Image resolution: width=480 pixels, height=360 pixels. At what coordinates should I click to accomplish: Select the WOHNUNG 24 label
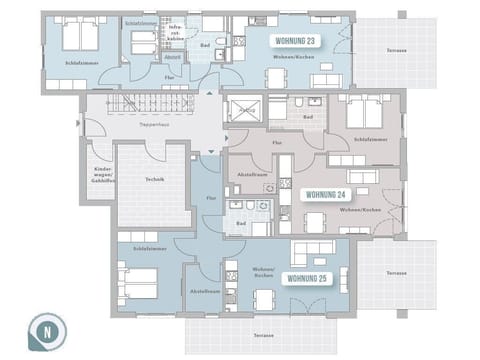(x=325, y=194)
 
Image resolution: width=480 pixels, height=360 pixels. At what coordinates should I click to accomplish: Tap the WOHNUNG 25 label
(x=305, y=278)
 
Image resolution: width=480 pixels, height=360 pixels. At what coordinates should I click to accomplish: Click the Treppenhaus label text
(x=153, y=129)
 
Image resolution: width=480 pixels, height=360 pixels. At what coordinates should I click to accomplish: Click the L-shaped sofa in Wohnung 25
(x=312, y=251)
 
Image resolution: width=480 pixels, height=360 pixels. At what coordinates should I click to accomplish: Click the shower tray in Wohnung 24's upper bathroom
(x=244, y=109)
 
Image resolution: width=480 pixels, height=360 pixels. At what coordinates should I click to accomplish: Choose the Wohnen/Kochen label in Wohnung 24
(x=357, y=210)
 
